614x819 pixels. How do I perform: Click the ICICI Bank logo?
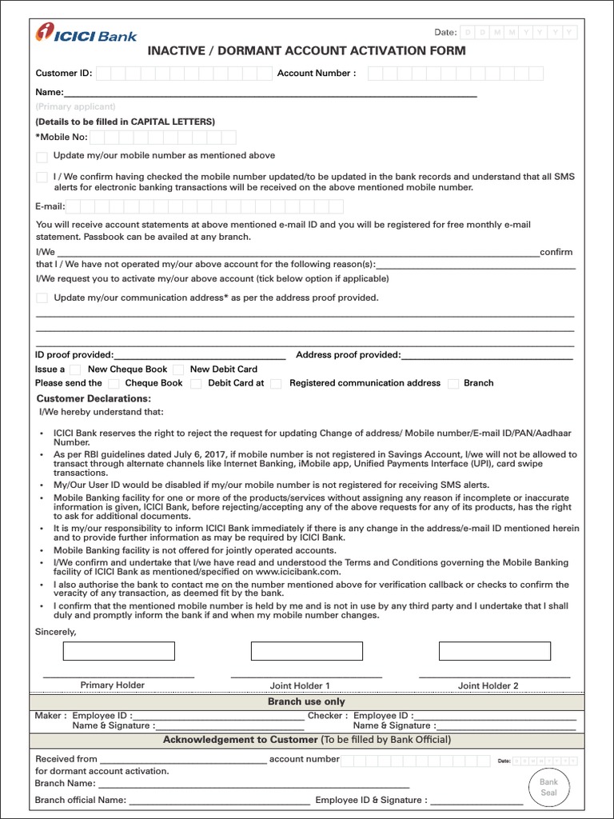coord(86,34)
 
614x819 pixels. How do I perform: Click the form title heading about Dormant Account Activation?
coord(306,50)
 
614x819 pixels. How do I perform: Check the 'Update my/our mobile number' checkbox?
coord(42,157)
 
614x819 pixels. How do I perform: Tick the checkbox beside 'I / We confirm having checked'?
coord(42,178)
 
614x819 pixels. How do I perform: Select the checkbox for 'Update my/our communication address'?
coord(42,298)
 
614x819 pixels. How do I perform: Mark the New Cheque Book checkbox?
coord(75,370)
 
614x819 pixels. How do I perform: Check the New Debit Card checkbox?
coord(178,370)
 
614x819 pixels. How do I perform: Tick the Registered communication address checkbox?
coord(276,384)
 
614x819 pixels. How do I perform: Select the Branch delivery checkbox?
coord(453,384)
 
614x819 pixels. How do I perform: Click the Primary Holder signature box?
coord(118,651)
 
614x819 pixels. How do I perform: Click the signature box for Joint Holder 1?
coord(307,651)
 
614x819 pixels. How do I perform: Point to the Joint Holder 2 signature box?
coord(495,651)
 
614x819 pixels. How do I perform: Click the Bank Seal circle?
coord(548,787)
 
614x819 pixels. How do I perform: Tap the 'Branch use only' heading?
coord(306,701)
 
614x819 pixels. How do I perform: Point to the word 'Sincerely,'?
coord(56,632)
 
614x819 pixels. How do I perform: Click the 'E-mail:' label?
coord(50,206)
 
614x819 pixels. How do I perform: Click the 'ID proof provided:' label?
coord(74,355)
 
